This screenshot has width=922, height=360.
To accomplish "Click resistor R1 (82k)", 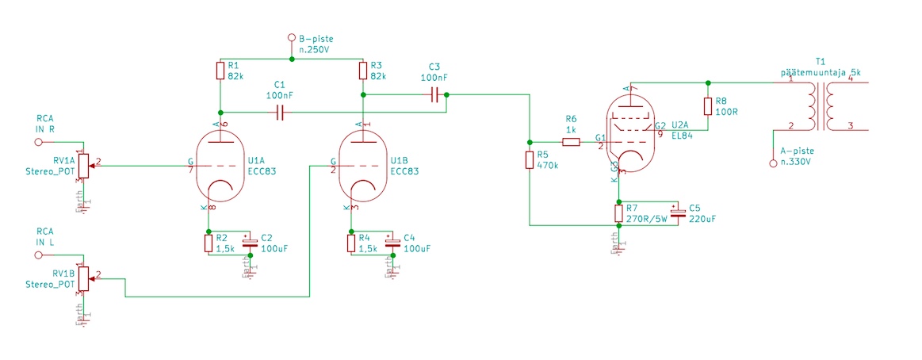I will click(219, 71).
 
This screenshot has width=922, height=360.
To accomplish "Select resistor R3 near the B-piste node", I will click(362, 71).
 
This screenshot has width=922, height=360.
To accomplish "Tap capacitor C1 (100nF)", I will click(279, 113).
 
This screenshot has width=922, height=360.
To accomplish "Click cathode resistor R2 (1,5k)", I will click(209, 243).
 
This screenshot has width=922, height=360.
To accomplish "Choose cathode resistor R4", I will click(351, 243).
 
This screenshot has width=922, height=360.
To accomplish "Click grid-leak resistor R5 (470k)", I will click(529, 160).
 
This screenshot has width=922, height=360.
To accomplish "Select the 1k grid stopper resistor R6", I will click(572, 143).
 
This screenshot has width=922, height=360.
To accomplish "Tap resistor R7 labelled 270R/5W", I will click(618, 213).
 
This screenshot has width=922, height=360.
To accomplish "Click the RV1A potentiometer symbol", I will click(82, 166).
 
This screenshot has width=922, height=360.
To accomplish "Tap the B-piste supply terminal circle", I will click(291, 38).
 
